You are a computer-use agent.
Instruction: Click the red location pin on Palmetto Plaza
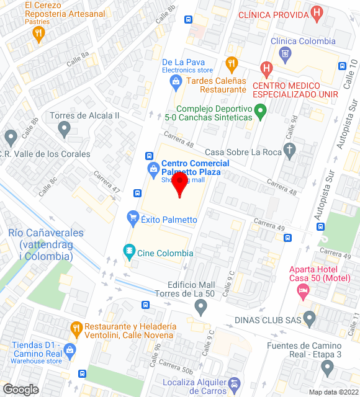coord(180,184)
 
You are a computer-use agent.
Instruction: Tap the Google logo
coord(20,390)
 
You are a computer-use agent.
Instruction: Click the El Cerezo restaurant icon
coord(39,34)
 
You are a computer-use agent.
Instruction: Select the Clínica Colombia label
coord(303,42)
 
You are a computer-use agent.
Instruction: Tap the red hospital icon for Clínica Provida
coord(317,12)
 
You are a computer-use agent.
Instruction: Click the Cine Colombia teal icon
coord(129,251)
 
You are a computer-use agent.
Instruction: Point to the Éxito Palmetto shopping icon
coord(132,217)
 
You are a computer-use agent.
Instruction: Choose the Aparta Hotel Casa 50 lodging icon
coord(303,290)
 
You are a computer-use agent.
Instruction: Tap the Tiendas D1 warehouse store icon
coord(70,350)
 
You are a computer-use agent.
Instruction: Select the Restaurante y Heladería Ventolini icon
coord(76,327)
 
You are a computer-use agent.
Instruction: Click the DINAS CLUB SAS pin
coord(310,319)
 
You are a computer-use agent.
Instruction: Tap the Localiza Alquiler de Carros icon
coord(234,386)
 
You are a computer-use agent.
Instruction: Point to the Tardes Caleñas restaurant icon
coord(232,64)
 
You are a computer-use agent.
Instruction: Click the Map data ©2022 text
coord(333,392)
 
